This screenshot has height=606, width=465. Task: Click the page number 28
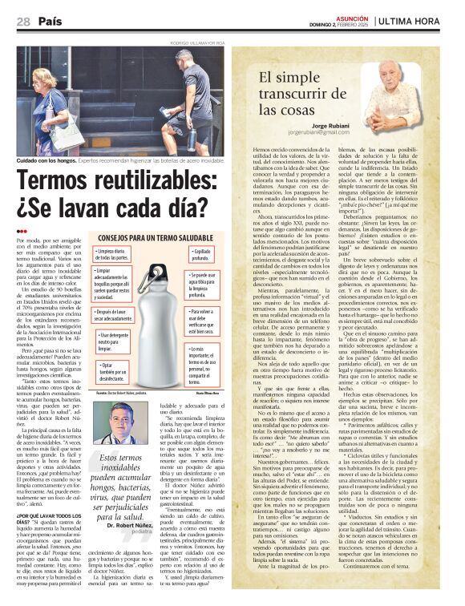[22, 22]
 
